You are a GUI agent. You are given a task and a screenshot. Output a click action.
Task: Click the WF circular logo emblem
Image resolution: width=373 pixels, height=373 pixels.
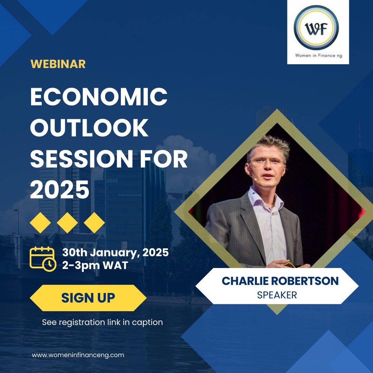[x=316, y=28]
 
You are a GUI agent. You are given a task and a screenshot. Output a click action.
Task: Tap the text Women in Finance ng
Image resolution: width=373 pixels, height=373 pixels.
[x=318, y=56]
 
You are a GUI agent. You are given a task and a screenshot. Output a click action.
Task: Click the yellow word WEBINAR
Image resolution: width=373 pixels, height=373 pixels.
[x=58, y=64]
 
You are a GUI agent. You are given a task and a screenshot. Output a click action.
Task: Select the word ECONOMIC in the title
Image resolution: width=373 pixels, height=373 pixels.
[x=99, y=97]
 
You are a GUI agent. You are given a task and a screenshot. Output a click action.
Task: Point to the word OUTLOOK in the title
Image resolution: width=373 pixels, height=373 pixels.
[x=89, y=128]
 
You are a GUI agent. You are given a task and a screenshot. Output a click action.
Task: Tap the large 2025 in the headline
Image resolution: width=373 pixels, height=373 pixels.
[x=60, y=190]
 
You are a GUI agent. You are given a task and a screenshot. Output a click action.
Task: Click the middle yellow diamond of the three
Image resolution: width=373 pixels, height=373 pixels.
[x=67, y=223]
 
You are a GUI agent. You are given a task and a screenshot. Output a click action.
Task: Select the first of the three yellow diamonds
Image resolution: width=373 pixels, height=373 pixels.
[x=40, y=223]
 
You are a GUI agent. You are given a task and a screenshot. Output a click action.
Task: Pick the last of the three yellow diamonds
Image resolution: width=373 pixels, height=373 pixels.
[x=94, y=223]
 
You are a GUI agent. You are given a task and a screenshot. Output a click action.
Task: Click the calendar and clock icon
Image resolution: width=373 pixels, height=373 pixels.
[x=43, y=259]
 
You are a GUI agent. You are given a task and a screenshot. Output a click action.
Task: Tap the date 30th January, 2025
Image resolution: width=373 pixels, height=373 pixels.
[x=115, y=252]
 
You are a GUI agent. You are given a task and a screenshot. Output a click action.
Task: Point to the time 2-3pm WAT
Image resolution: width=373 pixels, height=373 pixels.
[x=95, y=266]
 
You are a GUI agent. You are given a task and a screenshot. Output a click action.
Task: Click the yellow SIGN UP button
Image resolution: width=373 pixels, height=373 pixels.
[x=88, y=298]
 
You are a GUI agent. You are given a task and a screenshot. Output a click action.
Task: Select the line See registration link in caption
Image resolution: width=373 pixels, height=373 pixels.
[x=102, y=322]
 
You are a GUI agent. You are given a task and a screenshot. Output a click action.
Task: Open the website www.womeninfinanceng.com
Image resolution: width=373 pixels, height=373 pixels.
[x=78, y=355]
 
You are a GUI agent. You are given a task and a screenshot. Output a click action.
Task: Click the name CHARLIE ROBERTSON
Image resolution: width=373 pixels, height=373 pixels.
[x=280, y=281]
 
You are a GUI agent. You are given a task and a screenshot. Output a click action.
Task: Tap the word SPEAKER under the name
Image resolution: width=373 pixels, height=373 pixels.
[x=277, y=295]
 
